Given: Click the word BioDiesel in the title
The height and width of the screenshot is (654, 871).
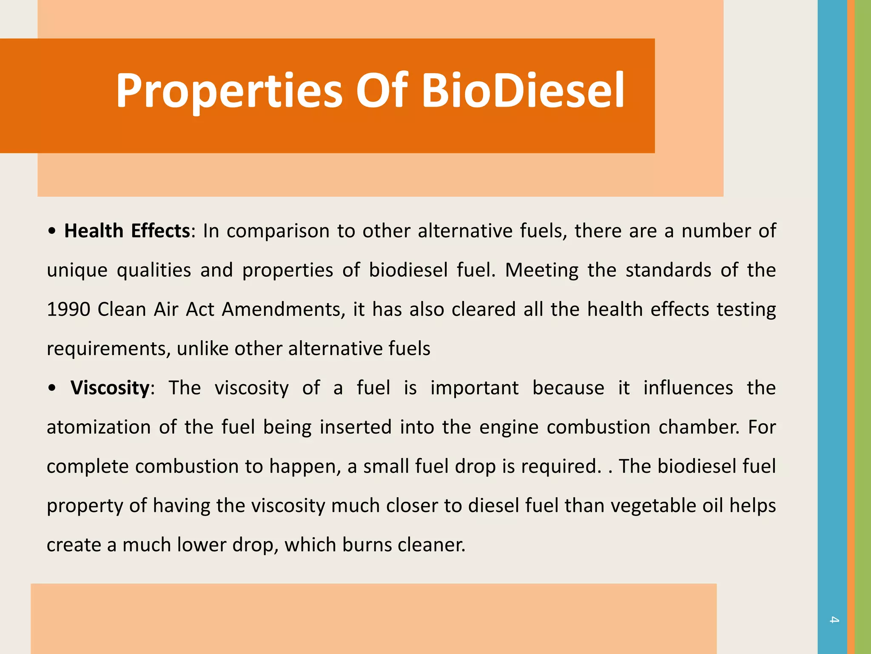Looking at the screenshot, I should point(523,90).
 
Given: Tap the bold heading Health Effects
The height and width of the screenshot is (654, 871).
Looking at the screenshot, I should point(127,231).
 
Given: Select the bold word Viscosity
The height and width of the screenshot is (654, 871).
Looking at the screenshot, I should point(110,388).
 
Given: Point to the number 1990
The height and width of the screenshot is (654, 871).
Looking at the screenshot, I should point(68,310).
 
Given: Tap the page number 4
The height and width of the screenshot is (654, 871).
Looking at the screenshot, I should point(834,620).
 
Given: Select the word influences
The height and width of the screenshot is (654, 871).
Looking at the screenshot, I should point(688,388).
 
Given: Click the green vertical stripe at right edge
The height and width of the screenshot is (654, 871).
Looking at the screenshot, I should point(863,327).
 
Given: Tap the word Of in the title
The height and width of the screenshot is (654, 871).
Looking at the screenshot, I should point(381,90).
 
